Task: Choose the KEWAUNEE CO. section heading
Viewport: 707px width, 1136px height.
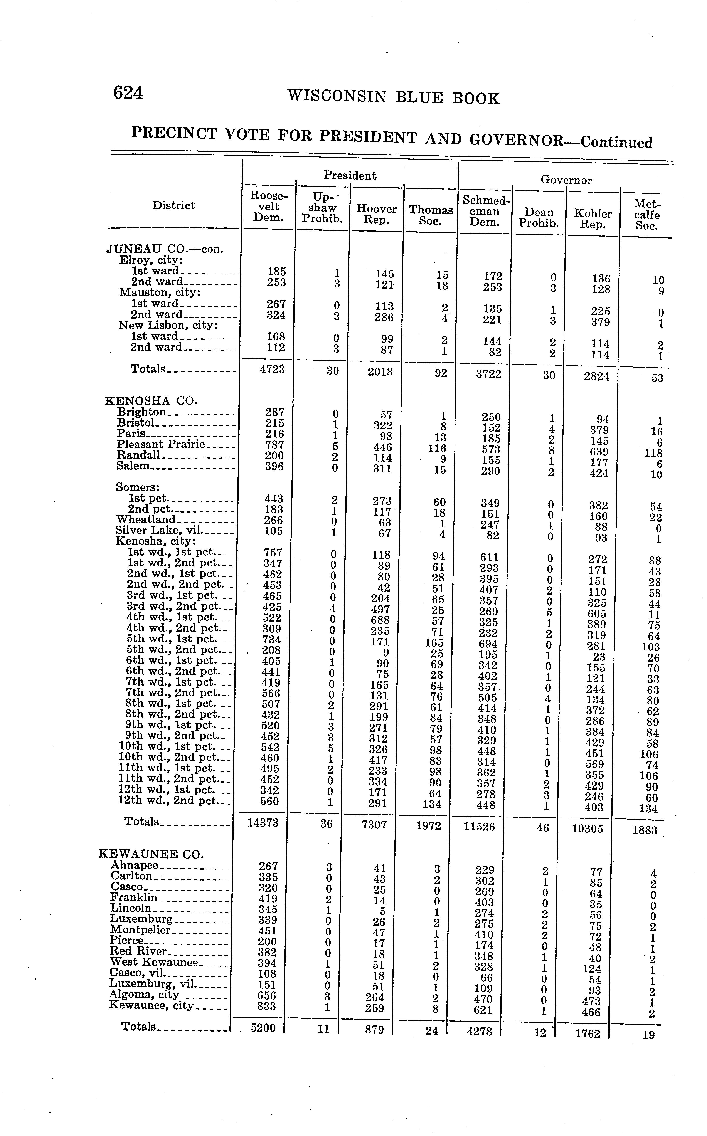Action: point(151,854)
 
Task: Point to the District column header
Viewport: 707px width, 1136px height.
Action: point(173,205)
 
